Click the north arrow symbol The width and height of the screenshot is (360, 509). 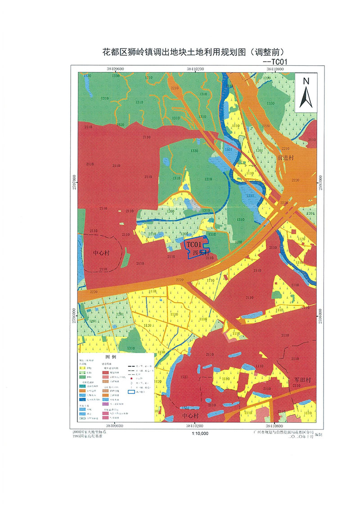click(306, 97)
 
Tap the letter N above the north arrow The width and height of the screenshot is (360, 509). click(306, 81)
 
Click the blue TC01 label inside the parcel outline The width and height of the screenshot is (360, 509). click(193, 244)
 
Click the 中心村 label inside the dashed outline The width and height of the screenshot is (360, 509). click(101, 253)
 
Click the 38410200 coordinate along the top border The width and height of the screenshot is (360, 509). click(195, 69)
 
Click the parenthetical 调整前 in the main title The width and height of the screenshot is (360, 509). click(268, 52)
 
